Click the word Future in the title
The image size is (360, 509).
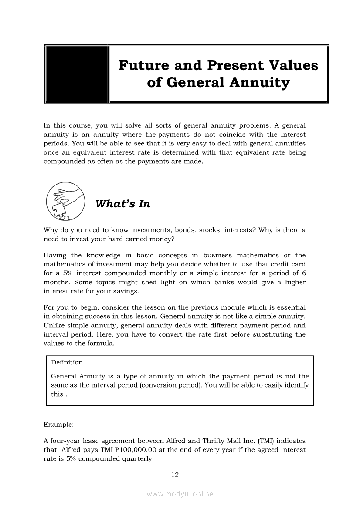point(143,65)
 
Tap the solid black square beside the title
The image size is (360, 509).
point(77,74)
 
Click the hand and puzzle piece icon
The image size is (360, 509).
point(65,202)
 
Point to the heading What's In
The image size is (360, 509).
point(122,204)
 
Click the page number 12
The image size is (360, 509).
point(175,475)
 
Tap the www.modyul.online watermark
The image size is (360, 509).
point(180,494)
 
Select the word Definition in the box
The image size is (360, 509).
point(67,362)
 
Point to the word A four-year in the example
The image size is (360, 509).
point(62,441)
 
